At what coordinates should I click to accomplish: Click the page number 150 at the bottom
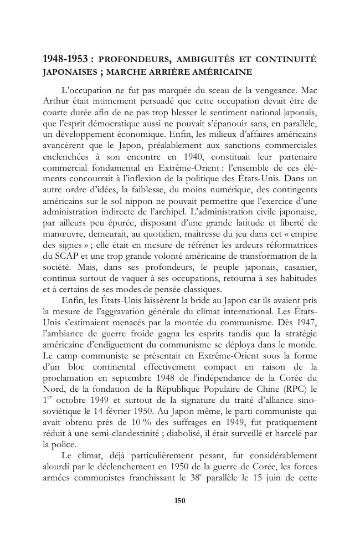tap(179, 501)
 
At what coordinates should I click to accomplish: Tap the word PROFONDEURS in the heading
tap(133, 60)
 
